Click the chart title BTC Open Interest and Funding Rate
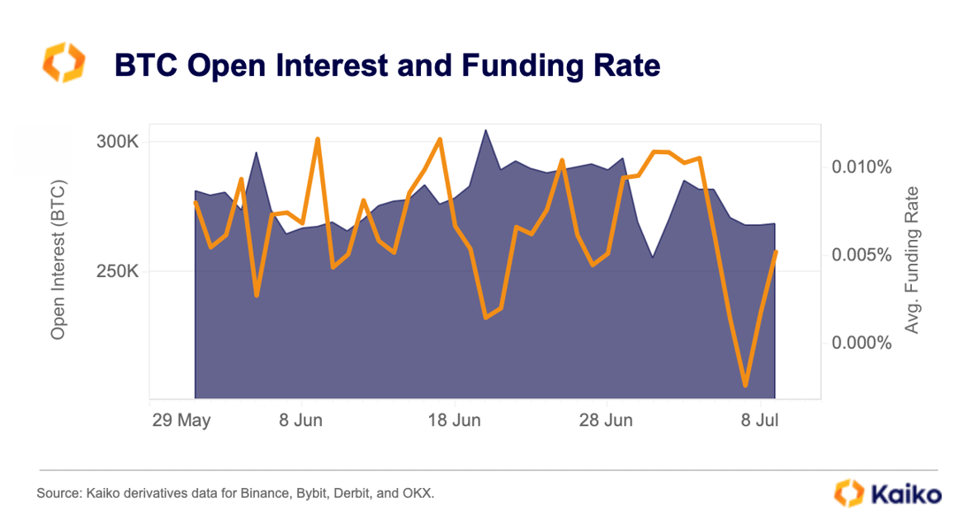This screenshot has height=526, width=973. [387, 66]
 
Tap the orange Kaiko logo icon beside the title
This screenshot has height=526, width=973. [64, 63]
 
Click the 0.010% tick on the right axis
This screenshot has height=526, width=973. [861, 166]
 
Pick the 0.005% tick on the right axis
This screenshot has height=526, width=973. [861, 255]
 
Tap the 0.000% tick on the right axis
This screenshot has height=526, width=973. [861, 343]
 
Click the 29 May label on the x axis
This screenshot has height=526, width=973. [181, 420]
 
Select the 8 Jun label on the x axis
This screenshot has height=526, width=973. [301, 420]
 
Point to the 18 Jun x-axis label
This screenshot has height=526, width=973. [455, 420]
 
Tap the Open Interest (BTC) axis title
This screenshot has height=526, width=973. [58, 260]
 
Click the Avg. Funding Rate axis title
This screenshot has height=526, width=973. [911, 260]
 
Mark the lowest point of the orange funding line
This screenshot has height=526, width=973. [746, 385]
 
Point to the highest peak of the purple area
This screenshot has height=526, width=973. [486, 130]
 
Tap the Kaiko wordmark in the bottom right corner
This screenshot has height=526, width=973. [904, 493]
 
